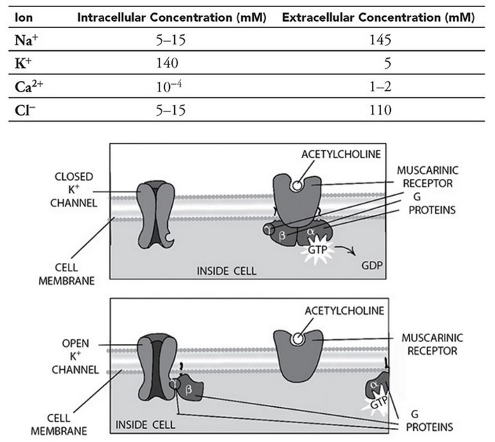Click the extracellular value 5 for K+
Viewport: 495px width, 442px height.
point(387,63)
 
